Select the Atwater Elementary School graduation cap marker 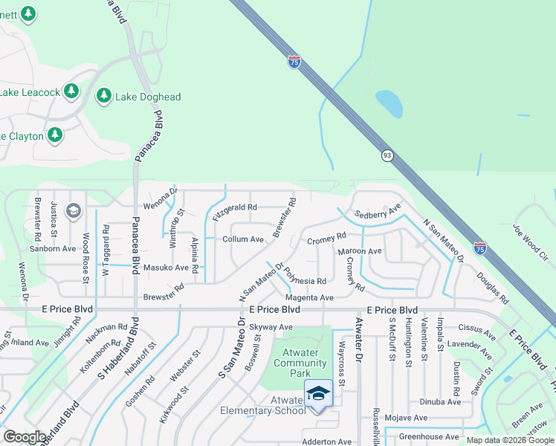pos(318,393)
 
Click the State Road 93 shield pos(387,155)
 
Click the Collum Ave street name pos(244,239)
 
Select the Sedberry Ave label pos(378,211)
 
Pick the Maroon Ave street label pos(360,251)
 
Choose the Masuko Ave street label pos(166,268)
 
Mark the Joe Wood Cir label pos(530,242)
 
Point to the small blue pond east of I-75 pos(389,104)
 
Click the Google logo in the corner pos(24,437)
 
